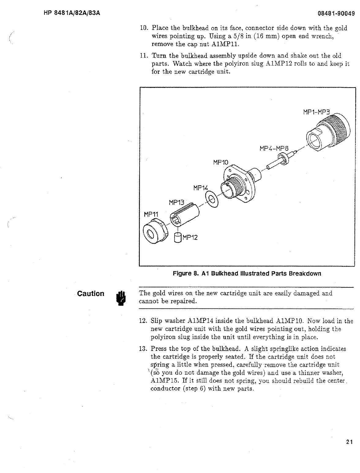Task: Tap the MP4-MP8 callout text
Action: coord(274,149)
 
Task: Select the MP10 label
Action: coord(221,162)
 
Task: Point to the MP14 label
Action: coord(201,187)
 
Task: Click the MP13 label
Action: coord(176,202)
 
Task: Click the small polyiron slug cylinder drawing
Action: coord(178,237)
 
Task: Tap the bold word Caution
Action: coord(91,294)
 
